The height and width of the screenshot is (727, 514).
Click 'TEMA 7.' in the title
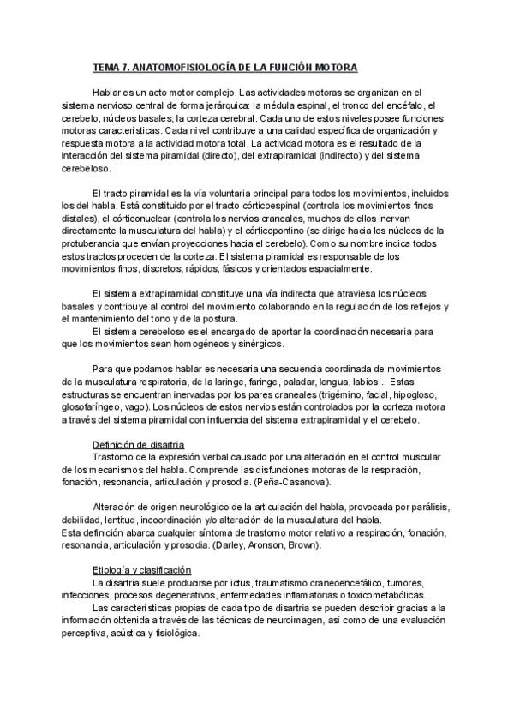[x=112, y=67]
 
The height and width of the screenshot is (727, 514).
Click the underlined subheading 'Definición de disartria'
[x=138, y=443]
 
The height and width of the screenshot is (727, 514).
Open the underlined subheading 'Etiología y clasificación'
[x=141, y=570]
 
